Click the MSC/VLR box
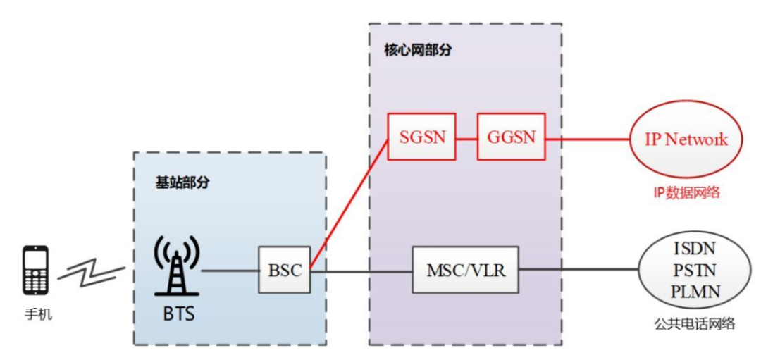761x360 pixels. tap(465, 271)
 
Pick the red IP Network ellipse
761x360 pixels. tap(686, 139)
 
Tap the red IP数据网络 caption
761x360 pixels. tap(686, 192)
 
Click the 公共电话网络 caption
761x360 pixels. tap(693, 324)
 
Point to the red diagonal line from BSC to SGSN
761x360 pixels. tap(349, 204)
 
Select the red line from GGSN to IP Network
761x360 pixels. tap(588, 139)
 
